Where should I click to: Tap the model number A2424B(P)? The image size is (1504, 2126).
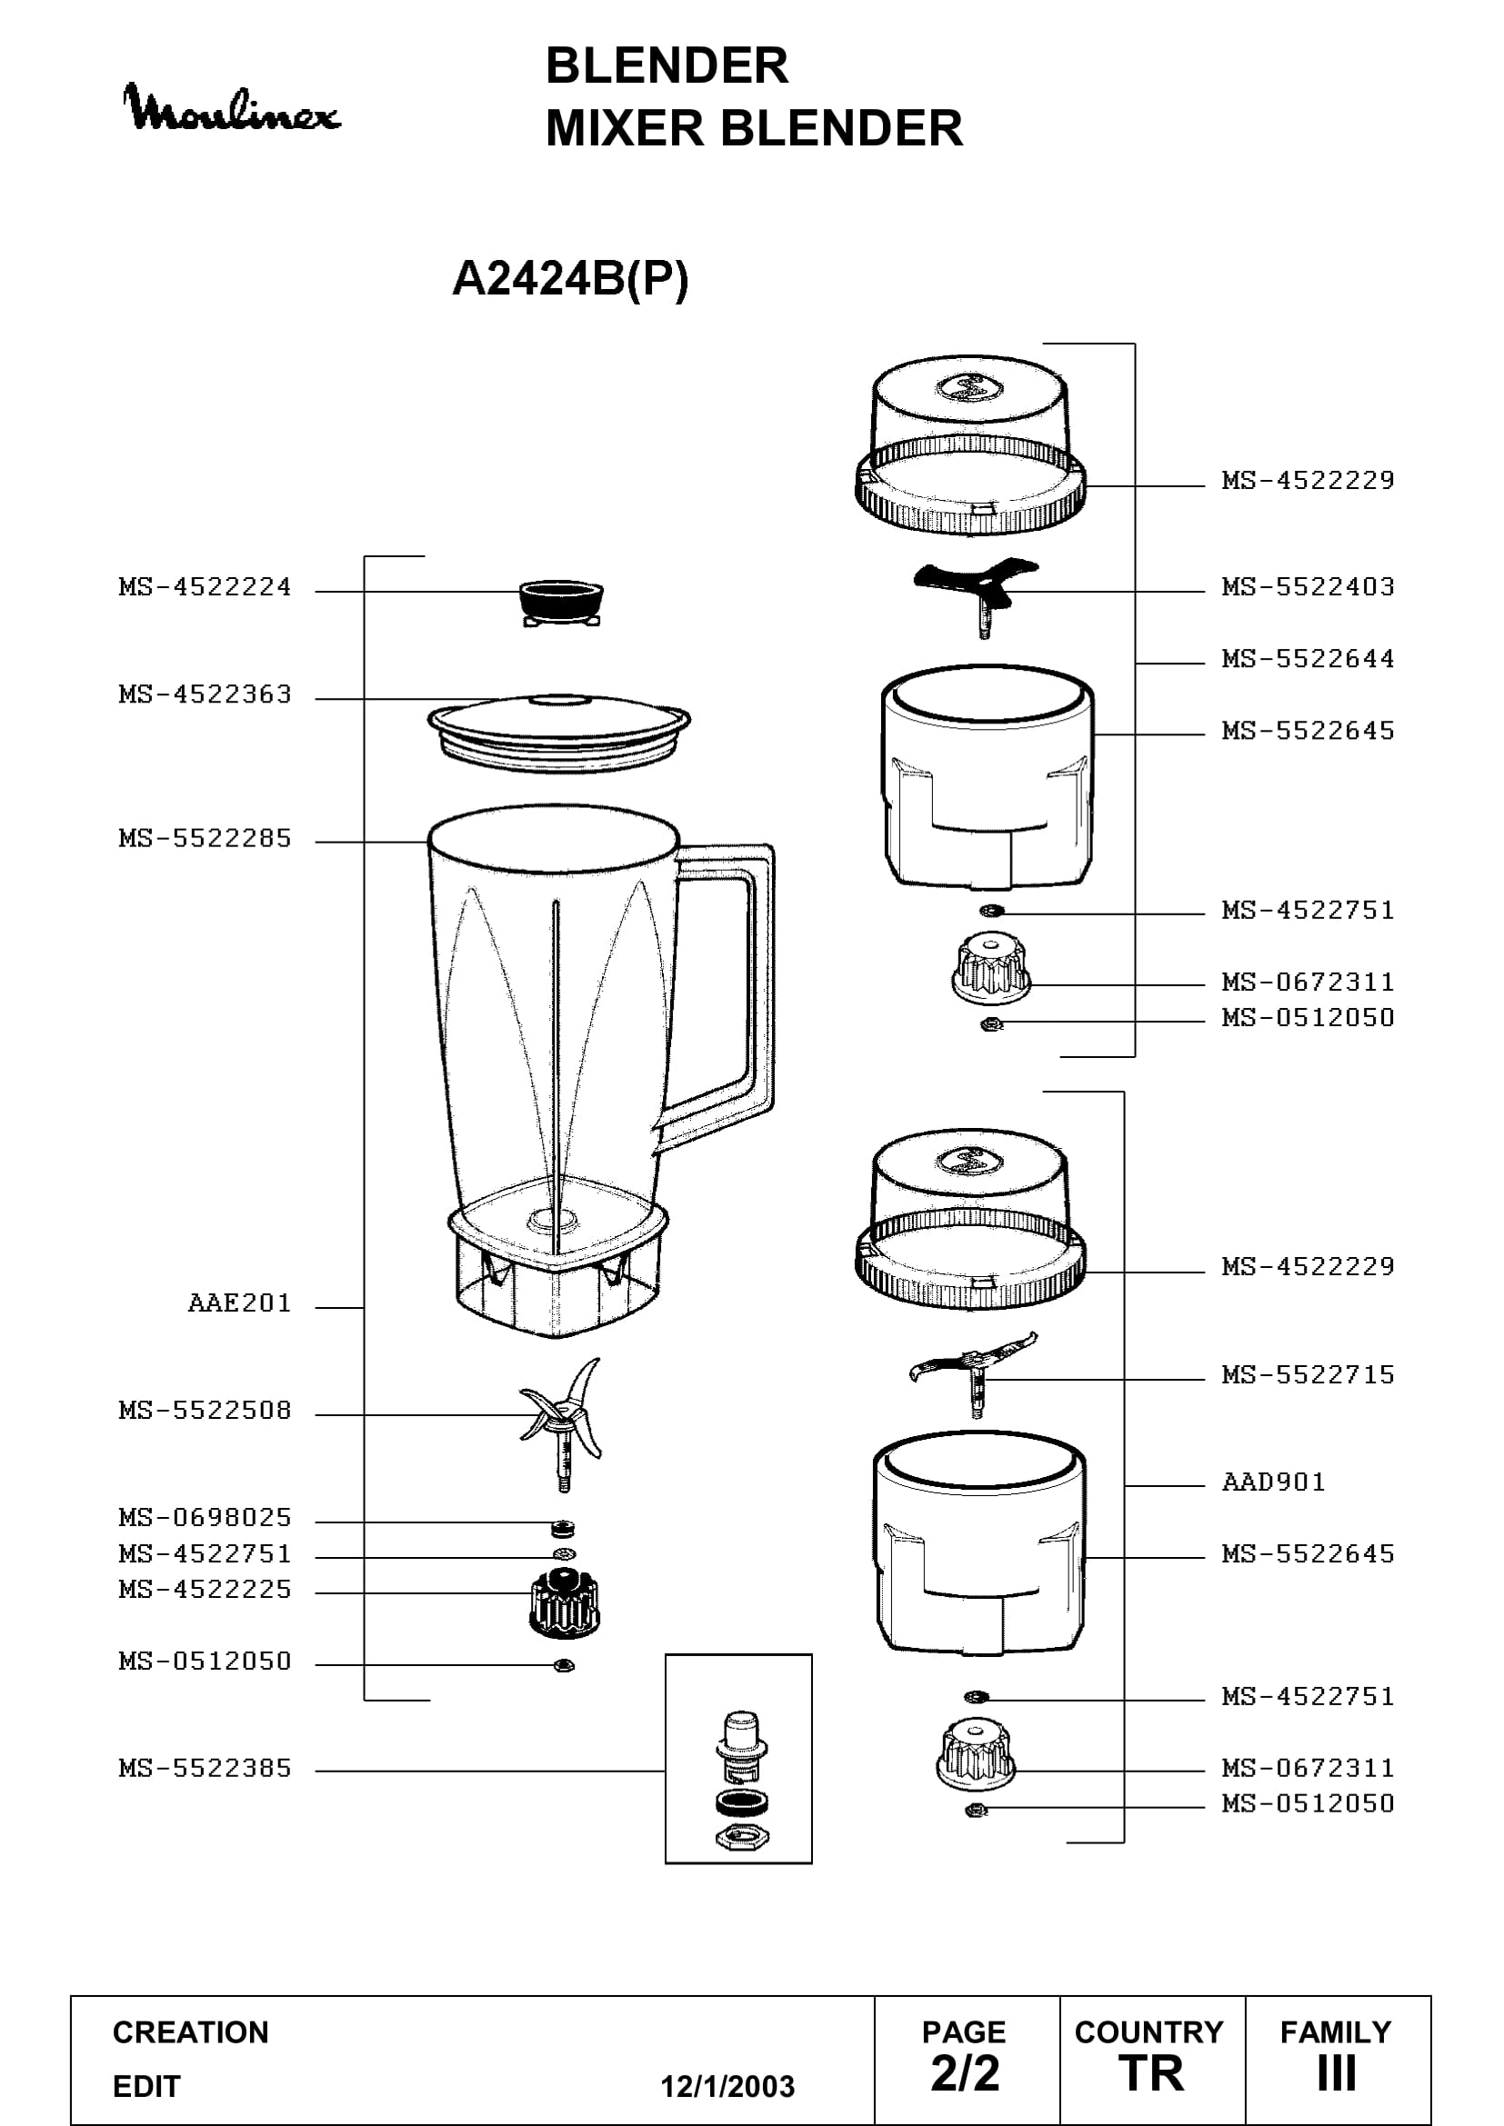(570, 278)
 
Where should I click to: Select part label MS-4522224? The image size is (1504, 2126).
(205, 587)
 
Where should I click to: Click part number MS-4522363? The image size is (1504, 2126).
(205, 694)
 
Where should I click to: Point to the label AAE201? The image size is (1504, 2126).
(240, 1303)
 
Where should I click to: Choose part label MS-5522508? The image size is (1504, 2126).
(205, 1411)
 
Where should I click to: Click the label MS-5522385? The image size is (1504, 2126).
(205, 1769)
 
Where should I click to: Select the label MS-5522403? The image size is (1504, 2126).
(1308, 587)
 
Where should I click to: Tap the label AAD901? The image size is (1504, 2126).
(1273, 1482)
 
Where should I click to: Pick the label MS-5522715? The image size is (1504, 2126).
(1308, 1375)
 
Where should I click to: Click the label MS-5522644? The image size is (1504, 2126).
(1308, 659)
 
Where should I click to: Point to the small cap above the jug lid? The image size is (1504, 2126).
(561, 603)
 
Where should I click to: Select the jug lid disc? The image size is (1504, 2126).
(558, 732)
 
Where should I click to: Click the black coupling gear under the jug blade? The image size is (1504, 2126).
(565, 1602)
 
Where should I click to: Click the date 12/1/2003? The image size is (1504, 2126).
(727, 2086)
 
